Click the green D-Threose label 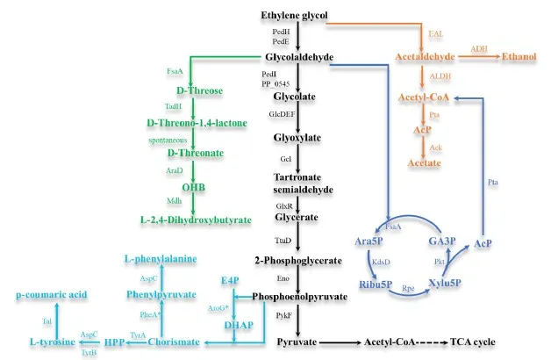198,91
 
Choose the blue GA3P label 440,240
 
